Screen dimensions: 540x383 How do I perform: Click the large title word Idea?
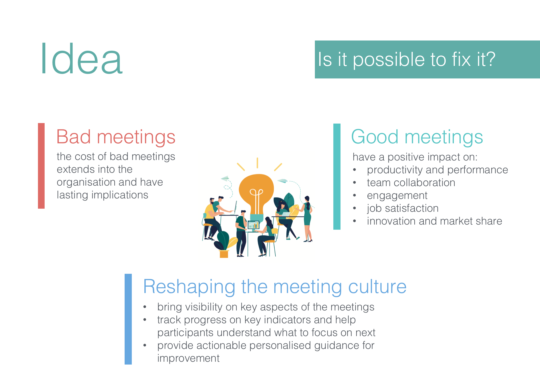(82, 59)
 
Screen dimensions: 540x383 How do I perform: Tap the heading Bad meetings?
(116, 137)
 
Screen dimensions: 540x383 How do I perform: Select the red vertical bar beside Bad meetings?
(41, 166)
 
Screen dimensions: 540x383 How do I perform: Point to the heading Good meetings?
(417, 137)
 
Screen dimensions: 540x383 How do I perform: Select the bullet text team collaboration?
(411, 183)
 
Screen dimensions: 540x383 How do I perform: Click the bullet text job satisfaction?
(403, 208)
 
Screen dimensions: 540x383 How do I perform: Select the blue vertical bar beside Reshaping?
(128, 319)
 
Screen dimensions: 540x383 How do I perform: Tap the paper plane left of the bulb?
(225, 178)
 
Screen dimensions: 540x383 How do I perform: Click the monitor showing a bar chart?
(253, 225)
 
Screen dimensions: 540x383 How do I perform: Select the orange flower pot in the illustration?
(224, 254)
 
